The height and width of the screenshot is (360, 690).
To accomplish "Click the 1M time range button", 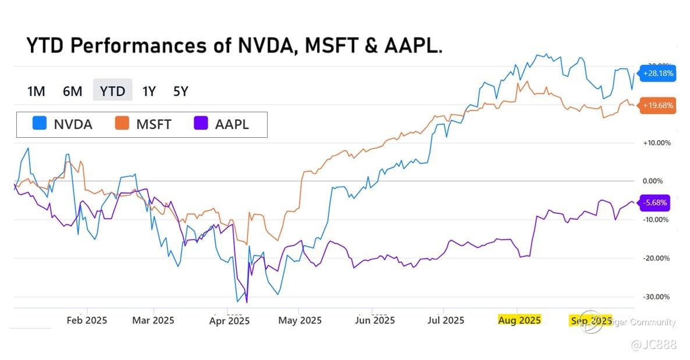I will (36, 91).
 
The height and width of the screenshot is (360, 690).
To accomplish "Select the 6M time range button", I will (73, 91).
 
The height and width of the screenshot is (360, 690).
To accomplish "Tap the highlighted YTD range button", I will (112, 91).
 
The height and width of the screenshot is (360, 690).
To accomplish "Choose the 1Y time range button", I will (149, 91).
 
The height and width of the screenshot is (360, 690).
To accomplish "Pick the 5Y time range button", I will (181, 91).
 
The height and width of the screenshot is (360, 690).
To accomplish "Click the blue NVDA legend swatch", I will (40, 124).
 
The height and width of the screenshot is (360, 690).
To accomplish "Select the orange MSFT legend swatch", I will (122, 124).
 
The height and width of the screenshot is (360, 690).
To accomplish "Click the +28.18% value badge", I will (658, 73).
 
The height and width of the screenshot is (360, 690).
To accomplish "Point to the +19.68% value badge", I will (658, 106).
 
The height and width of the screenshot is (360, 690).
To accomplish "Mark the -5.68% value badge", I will (655, 203).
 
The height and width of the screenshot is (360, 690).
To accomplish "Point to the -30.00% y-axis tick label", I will (656, 297).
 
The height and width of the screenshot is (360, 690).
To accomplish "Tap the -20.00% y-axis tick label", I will (656, 258).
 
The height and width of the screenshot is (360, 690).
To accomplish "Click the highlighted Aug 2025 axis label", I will (520, 320).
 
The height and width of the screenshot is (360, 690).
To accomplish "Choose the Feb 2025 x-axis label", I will (87, 320).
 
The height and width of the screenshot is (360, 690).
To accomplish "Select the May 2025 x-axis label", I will (300, 320).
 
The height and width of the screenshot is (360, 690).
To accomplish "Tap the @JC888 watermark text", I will (655, 345).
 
